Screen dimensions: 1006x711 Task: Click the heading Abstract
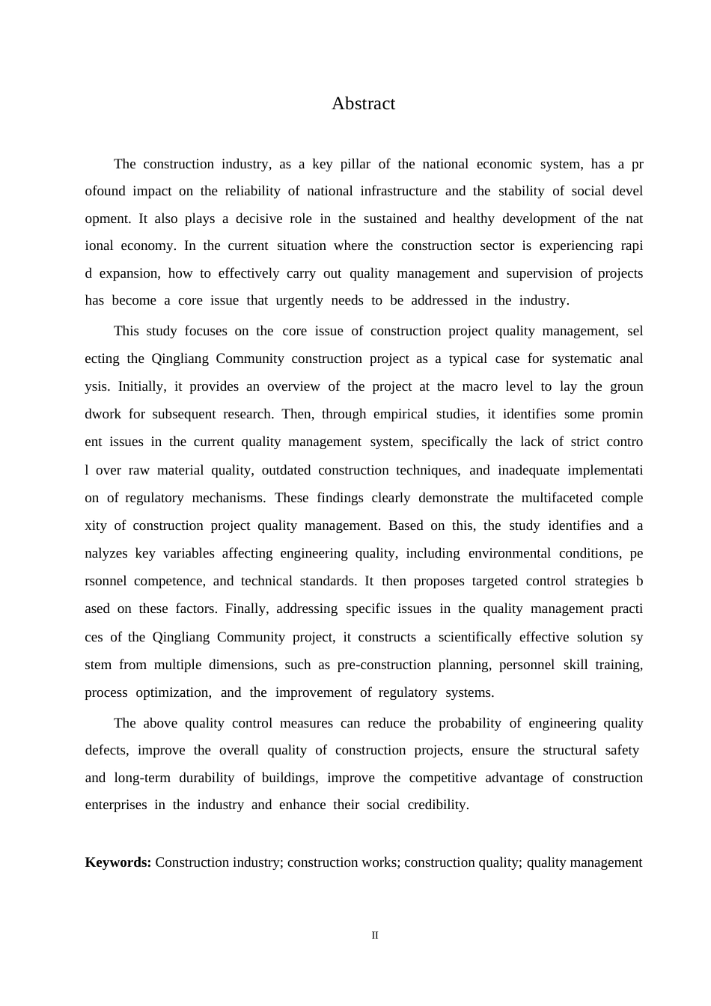(x=363, y=103)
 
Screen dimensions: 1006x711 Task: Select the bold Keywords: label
(x=118, y=862)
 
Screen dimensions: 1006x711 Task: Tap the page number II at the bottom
(x=375, y=935)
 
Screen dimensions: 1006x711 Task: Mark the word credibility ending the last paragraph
(x=437, y=805)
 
